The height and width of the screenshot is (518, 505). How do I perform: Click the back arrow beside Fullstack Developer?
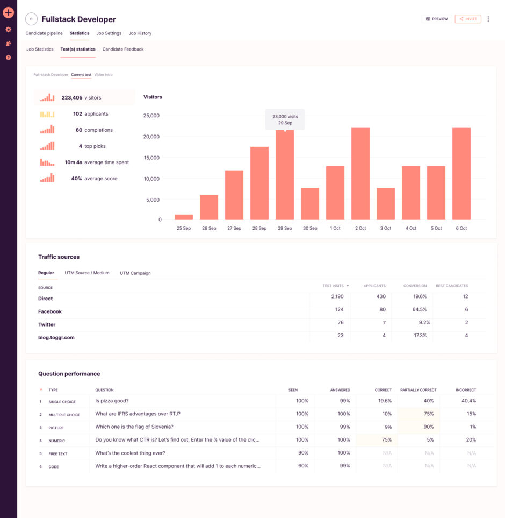(x=31, y=19)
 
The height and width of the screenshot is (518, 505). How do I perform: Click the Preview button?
(x=437, y=19)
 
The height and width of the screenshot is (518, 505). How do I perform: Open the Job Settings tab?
(x=109, y=33)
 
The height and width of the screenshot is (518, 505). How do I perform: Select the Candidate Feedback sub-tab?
(x=123, y=49)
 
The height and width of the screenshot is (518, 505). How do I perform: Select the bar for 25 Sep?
(x=184, y=217)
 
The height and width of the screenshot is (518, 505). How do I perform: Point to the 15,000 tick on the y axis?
(x=152, y=157)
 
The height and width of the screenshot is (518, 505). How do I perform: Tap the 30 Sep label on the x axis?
(x=310, y=228)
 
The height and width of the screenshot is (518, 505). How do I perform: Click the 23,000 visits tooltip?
(x=285, y=119)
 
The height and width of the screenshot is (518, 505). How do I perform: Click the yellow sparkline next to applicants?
(x=47, y=114)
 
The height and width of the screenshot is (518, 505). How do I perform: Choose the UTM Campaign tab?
(x=135, y=273)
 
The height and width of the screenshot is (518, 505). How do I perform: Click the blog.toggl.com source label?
(x=56, y=337)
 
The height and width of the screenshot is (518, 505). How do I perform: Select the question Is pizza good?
(x=112, y=401)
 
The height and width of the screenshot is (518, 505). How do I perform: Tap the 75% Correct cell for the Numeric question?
(x=386, y=439)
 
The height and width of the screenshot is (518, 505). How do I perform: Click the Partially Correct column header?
(x=418, y=390)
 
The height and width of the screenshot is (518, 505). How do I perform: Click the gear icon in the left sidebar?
(x=8, y=30)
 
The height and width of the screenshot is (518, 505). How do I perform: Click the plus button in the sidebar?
(x=8, y=12)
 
